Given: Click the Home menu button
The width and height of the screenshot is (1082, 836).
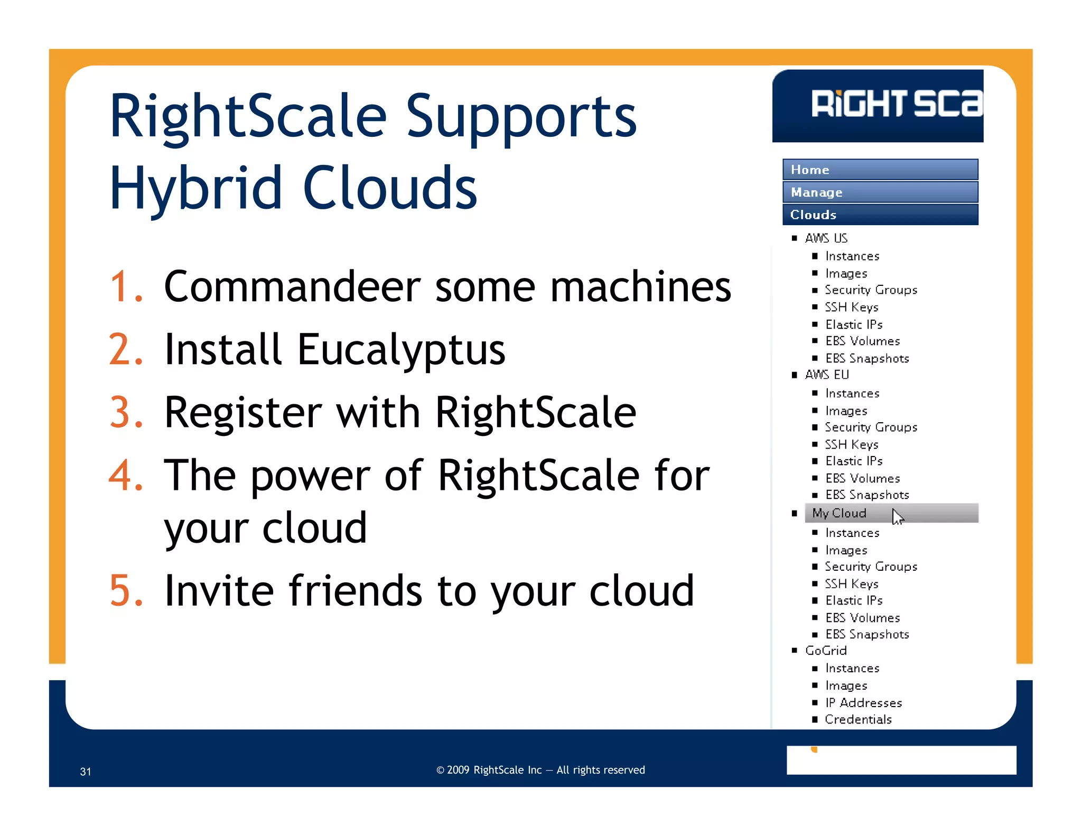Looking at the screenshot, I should pyautogui.click(x=880, y=170).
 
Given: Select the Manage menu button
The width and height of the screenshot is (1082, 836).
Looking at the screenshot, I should pyautogui.click(x=880, y=192).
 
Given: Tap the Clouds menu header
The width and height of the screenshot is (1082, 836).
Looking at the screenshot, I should pyautogui.click(x=880, y=215).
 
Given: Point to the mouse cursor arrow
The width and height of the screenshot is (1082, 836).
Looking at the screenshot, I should pyautogui.click(x=897, y=516).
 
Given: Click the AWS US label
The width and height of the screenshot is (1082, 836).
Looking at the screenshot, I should pyautogui.click(x=826, y=238).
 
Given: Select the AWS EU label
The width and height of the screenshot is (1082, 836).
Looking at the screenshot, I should pyautogui.click(x=826, y=375).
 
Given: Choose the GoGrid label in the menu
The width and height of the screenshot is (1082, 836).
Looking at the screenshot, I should pyautogui.click(x=825, y=651).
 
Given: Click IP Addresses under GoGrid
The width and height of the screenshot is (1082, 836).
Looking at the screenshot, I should pyautogui.click(x=863, y=703).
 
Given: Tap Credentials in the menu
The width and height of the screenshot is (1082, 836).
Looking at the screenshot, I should pyautogui.click(x=858, y=720).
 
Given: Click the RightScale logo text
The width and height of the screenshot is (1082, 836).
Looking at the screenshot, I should pyautogui.click(x=896, y=104).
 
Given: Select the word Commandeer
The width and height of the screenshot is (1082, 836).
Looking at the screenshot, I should pyautogui.click(x=292, y=287).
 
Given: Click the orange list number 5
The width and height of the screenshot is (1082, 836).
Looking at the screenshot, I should pyautogui.click(x=125, y=591).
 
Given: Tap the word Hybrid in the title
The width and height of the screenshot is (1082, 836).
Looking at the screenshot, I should pyautogui.click(x=195, y=188).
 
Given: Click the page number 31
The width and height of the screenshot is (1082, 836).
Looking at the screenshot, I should pyautogui.click(x=86, y=772).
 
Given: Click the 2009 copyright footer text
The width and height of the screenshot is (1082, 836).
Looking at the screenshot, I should pyautogui.click(x=540, y=770).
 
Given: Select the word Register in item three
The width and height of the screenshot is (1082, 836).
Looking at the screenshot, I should pyautogui.click(x=242, y=413).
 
